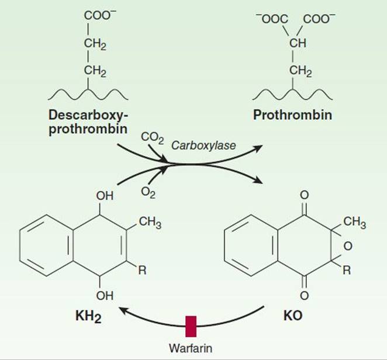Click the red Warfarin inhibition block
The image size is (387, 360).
point(191,326)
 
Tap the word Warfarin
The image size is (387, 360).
point(191,348)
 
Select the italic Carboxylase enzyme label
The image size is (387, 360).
point(203,146)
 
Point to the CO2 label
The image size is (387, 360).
point(152,138)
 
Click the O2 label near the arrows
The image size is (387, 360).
point(148,193)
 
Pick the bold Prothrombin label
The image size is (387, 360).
point(292,115)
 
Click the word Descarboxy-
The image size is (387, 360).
point(88,115)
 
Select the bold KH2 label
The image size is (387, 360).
point(88,316)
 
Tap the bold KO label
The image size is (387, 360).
point(293,316)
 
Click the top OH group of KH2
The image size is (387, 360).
point(105,196)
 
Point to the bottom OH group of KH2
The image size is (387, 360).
point(105,296)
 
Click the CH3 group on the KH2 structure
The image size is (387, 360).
point(150,222)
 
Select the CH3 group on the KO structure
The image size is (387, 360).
point(355,222)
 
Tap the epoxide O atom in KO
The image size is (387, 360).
point(347,246)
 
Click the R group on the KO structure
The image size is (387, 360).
point(347,271)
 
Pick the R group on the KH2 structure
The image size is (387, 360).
point(142,271)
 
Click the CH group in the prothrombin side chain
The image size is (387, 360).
point(298,43)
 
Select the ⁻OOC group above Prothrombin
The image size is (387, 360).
point(272,19)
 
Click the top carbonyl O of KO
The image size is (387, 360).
point(304,195)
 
